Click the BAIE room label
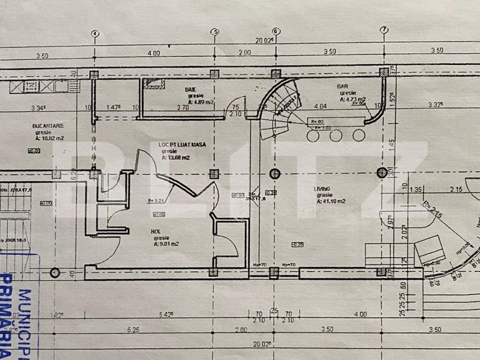[x=190, y=89]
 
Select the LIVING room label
[x=322, y=187]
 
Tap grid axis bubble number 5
[x=215, y=32]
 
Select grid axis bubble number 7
[x=384, y=31]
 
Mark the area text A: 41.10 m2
[x=330, y=201]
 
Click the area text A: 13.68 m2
[x=176, y=158]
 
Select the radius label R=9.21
[x=155, y=201]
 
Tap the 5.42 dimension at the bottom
[x=166, y=315]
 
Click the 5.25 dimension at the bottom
[x=133, y=329]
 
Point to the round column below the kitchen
[x=55, y=272]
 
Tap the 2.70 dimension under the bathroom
[x=183, y=108]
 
